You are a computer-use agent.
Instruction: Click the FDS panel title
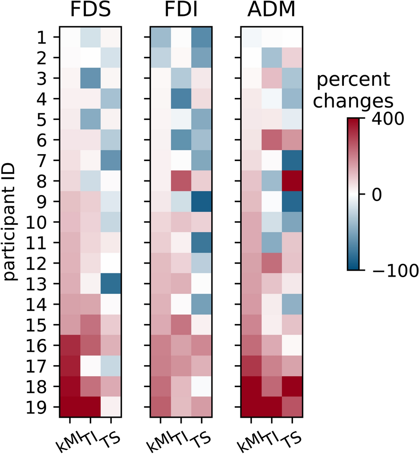click(90, 12)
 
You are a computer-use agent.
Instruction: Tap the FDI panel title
click(181, 12)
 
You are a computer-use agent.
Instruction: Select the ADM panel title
click(271, 12)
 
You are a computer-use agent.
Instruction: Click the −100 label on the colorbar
click(394, 271)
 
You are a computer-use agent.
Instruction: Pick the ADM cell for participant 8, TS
click(292, 181)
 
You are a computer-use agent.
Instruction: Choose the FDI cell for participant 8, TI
click(181, 181)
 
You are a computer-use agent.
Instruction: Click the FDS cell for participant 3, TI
click(90, 78)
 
